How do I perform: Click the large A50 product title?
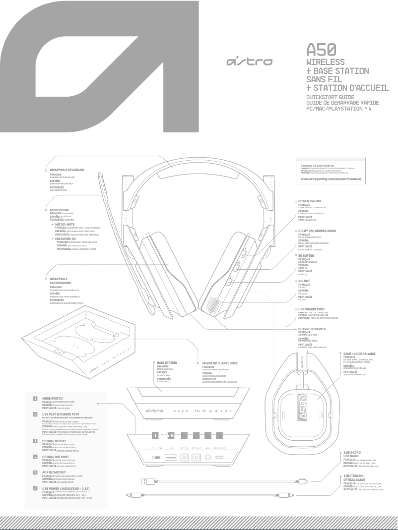[323, 49]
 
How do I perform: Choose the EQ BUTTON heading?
[307, 255]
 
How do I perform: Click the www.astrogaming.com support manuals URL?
[331, 177]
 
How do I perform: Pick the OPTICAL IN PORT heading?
[56, 440]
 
